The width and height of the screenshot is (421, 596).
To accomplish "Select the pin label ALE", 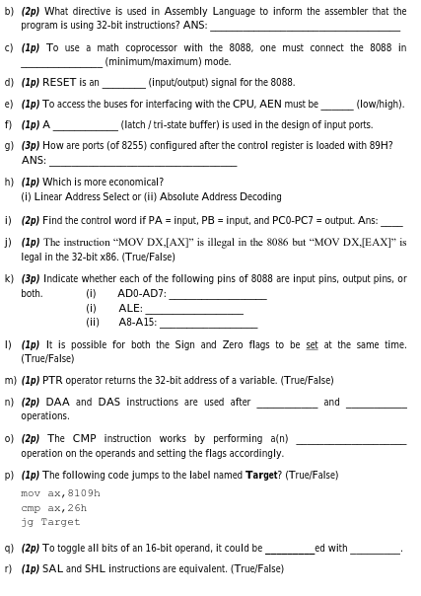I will click(130, 308).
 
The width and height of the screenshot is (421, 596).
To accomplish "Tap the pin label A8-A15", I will click(137, 322).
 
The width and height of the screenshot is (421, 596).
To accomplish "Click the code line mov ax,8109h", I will click(60, 492).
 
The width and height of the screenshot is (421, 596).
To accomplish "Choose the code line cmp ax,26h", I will click(54, 507).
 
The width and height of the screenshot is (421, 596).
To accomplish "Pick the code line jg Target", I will click(50, 522).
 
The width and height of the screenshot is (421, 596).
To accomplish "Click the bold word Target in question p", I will click(262, 475).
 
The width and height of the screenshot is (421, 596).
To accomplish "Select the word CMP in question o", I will click(85, 438).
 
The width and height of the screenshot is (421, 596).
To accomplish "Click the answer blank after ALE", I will click(193, 310).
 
